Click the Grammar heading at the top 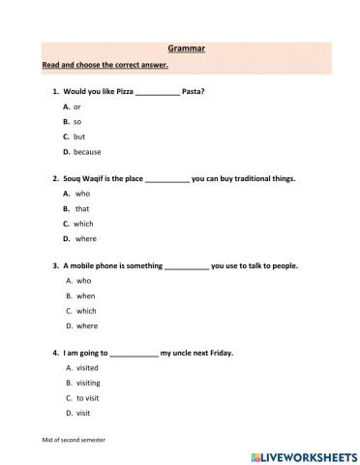coord(179,46)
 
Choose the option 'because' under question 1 coord(87,152)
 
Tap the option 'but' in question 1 coord(79,137)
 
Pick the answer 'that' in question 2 coord(82,208)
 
